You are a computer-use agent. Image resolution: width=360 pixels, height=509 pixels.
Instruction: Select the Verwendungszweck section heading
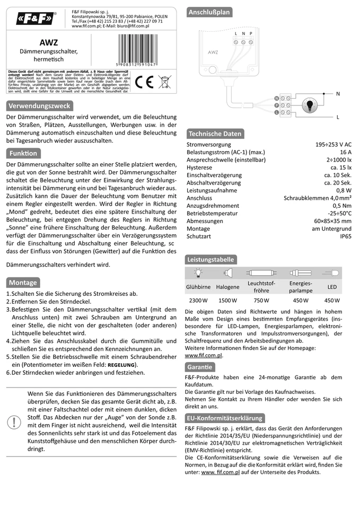pos(39,106)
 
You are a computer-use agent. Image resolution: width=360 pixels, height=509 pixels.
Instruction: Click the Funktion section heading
pos(23,153)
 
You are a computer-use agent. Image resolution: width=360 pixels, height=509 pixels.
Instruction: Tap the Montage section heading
pos(23,283)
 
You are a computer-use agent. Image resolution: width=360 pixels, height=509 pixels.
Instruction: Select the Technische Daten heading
pos(215,134)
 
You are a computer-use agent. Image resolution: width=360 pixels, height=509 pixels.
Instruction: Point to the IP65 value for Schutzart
pos(345,236)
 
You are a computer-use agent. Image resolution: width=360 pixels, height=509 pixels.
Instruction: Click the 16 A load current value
pos(346,152)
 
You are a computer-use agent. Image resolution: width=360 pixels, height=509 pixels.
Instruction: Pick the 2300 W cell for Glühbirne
pos(198,300)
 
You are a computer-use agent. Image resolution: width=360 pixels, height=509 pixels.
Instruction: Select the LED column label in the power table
pos(332,287)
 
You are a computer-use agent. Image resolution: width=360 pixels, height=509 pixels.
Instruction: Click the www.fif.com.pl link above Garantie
pos(204,355)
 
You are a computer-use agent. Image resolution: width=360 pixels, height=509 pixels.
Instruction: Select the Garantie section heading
pos(200,367)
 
